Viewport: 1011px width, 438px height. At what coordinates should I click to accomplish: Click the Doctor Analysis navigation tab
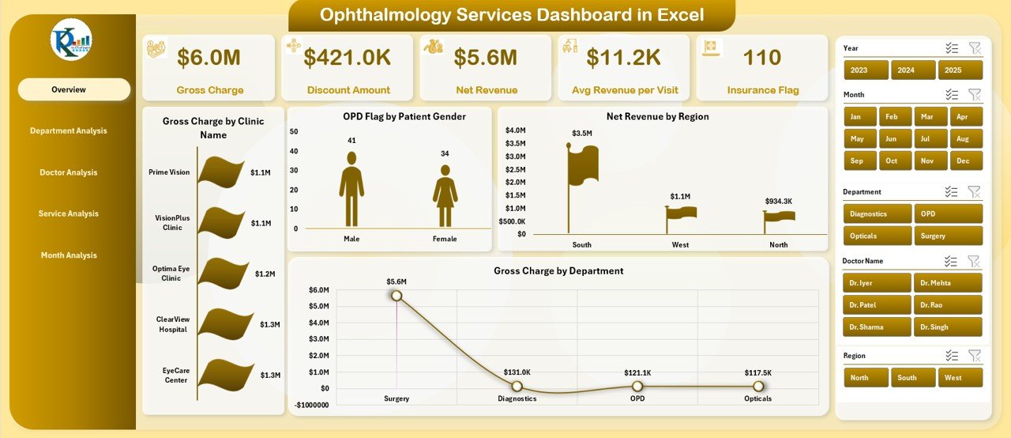point(69,172)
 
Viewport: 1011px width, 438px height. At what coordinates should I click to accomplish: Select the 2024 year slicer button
point(906,70)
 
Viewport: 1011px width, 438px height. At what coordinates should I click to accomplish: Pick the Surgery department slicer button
point(948,236)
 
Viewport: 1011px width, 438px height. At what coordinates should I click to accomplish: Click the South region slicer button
point(907,378)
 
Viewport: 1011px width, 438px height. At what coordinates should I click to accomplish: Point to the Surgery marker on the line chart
point(397,296)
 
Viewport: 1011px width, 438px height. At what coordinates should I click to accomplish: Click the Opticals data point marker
point(758,386)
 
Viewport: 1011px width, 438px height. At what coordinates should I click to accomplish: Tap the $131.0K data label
point(517,372)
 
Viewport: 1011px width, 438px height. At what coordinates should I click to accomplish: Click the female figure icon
point(445,196)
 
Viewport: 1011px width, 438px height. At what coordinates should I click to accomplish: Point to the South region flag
point(583,164)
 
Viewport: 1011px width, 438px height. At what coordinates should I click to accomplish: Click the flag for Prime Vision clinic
point(221,172)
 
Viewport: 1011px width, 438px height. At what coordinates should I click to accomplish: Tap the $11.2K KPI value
point(623,57)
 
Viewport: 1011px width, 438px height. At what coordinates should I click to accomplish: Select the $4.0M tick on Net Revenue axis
point(516,130)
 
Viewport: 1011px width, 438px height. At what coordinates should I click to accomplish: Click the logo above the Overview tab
point(71,40)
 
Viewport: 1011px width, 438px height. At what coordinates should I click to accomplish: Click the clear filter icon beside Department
point(975,191)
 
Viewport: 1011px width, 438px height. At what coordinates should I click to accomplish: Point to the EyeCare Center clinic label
point(175,375)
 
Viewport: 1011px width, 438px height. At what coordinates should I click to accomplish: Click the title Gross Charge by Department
point(558,270)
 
